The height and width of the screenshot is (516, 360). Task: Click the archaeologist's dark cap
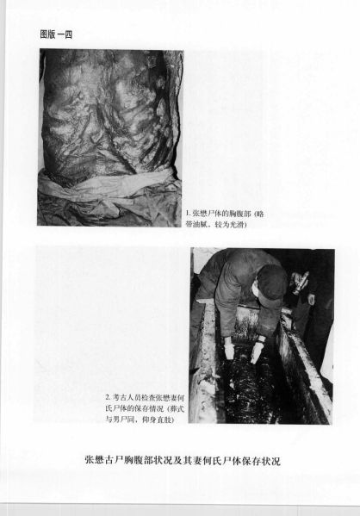click(x=272, y=281)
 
